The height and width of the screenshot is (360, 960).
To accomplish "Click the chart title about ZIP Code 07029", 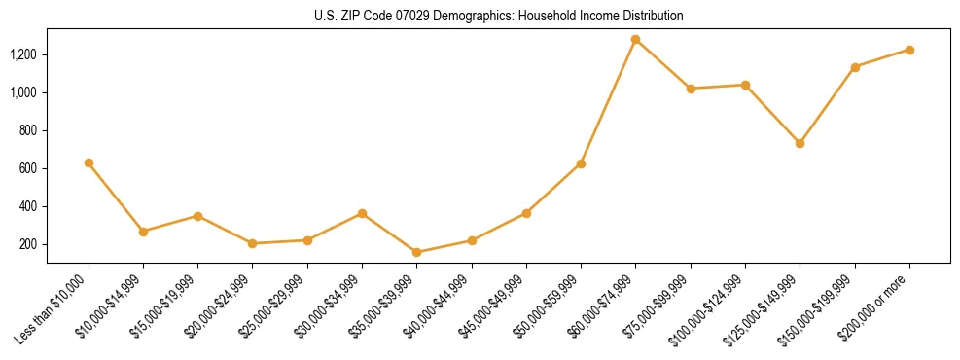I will [499, 16].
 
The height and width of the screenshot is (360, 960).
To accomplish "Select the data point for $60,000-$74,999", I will [635, 40].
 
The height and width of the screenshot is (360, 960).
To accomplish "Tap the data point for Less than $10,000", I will [89, 162].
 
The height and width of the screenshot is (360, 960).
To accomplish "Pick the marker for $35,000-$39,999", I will [417, 252].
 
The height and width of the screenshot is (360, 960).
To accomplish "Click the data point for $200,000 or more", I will [909, 50].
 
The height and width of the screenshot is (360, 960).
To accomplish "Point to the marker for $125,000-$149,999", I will [800, 143].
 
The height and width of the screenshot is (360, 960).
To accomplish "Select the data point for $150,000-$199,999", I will [855, 67].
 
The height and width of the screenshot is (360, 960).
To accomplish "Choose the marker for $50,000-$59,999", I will [581, 163].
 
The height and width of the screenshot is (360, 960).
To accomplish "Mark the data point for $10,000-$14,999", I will [143, 232].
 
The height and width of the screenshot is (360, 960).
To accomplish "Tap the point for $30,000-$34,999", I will [362, 213].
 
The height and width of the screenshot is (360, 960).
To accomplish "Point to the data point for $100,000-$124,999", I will [745, 85].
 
